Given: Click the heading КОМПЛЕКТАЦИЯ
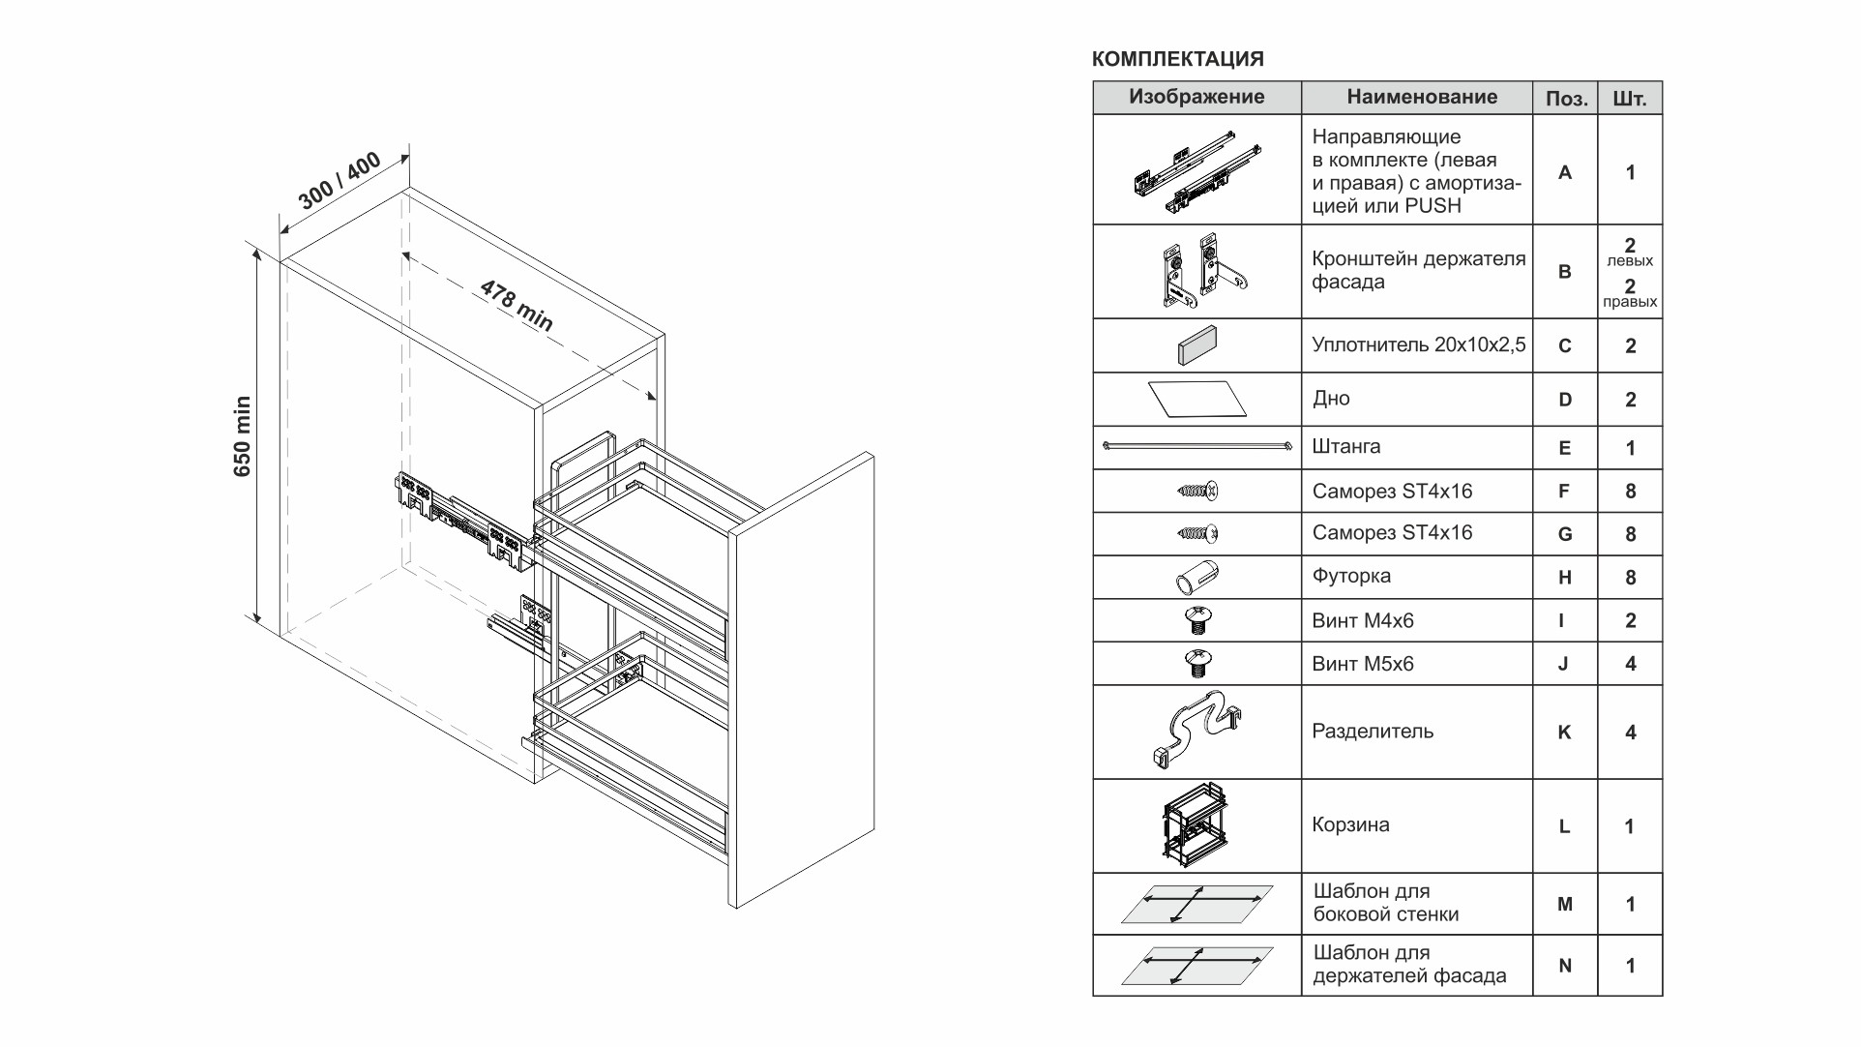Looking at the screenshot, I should (x=1177, y=59).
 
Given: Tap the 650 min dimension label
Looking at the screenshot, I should (x=242, y=436).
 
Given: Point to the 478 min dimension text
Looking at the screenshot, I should (x=517, y=306).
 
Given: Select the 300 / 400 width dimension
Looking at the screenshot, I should (x=340, y=181).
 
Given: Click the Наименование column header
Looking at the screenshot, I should (x=1421, y=97).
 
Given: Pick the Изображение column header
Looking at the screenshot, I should (x=1196, y=97).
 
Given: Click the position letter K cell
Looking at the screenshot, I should (x=1564, y=733).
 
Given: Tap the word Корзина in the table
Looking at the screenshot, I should (x=1350, y=825).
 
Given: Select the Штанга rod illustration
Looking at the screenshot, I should (x=1197, y=446).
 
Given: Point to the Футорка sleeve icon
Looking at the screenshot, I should (x=1196, y=578).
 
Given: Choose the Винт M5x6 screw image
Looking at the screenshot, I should (x=1197, y=664).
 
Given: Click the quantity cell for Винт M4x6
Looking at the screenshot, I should (x=1630, y=621).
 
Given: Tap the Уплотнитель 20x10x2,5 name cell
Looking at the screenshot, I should (x=1418, y=345).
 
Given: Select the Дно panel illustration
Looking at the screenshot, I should (x=1196, y=399).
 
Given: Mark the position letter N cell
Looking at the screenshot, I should (x=1564, y=966).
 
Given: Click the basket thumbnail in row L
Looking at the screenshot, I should (x=1197, y=824).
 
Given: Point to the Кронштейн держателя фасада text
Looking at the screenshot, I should (x=1418, y=270).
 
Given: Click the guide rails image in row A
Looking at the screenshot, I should (x=1197, y=171).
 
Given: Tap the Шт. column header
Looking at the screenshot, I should (x=1630, y=99).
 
